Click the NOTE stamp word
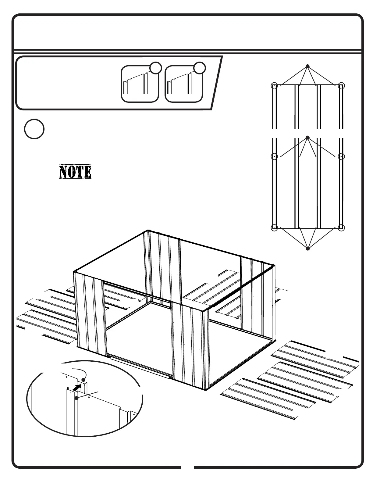[75, 172]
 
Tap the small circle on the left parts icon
[155, 68]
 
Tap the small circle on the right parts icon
[200, 68]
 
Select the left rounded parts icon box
[140, 84]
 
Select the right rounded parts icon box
[184, 84]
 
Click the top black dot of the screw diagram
[308, 66]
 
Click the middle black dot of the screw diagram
[308, 138]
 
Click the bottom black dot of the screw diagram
[308, 249]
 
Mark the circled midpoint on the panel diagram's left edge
[274, 156]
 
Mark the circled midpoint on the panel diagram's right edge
[341, 156]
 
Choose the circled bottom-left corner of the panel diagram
[274, 227]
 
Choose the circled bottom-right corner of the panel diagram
[341, 227]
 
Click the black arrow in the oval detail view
[78, 388]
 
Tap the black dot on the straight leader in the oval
[76, 398]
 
